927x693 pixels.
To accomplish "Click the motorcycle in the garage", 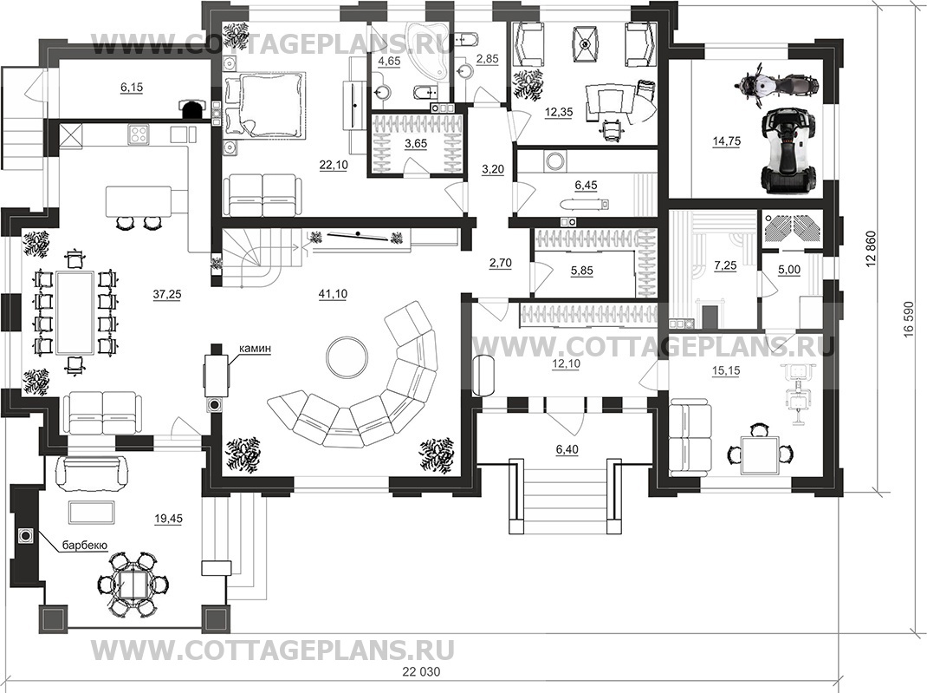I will point(777,85).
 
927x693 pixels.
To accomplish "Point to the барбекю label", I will point(84,546).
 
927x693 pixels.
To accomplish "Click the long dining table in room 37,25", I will point(75,311).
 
